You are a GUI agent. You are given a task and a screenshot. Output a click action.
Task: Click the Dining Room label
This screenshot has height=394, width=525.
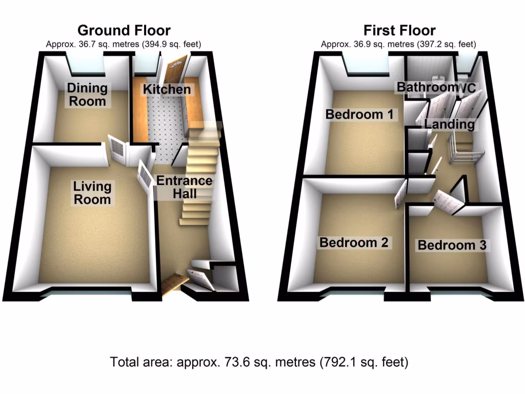coord(88,94)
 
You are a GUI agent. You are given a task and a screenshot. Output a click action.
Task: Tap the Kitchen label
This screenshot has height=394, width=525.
coord(167,89)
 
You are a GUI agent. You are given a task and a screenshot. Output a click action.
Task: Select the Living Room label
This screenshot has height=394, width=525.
coord(92,192)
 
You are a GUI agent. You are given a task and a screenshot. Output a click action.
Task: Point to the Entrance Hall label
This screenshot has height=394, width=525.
coord(184,187)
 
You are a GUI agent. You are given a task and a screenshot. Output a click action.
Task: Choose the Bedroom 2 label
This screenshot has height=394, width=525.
coord(354,242)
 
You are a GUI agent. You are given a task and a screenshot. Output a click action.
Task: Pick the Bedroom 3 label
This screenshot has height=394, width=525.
coord(452,245)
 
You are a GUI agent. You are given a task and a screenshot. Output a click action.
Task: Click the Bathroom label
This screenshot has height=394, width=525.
coord(427,87)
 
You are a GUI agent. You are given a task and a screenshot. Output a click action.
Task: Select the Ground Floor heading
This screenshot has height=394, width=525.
coord(124,30)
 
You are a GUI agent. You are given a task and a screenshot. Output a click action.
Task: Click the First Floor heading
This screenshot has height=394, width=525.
coord(399,30)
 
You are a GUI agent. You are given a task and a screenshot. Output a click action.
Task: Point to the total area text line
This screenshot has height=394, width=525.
coord(259,362)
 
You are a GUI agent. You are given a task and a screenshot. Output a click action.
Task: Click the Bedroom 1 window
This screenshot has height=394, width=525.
coord(367,65)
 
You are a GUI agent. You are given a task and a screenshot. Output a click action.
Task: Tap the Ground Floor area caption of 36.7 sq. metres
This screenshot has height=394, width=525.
coord(124,45)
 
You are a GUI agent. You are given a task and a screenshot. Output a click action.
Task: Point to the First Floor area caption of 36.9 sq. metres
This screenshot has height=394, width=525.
coord(399,45)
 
